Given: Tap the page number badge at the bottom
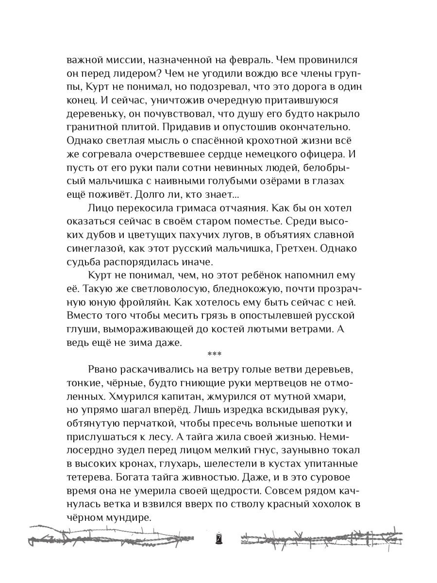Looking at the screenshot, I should click(x=219, y=539).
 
